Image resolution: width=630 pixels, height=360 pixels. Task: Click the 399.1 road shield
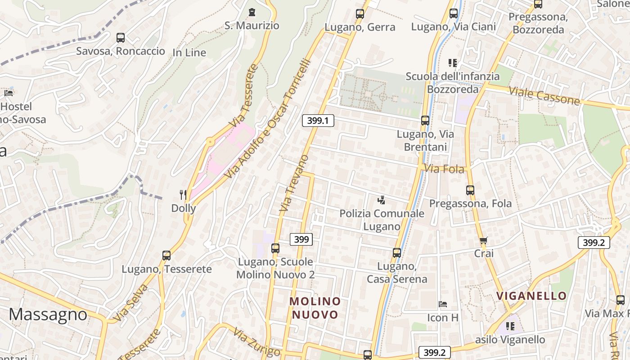(x=318, y=121)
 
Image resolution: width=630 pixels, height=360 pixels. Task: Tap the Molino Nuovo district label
(x=315, y=308)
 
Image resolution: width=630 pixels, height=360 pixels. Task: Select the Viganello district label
(x=531, y=296)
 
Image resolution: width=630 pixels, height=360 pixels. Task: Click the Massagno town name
(x=48, y=314)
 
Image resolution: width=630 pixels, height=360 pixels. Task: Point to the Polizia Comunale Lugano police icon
(x=382, y=199)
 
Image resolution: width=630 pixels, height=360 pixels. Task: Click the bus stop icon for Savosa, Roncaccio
(x=120, y=38)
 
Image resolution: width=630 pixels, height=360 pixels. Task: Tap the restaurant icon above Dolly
(x=183, y=195)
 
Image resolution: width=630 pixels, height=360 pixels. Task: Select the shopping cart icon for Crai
(x=484, y=240)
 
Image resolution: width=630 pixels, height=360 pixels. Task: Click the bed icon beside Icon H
(x=443, y=304)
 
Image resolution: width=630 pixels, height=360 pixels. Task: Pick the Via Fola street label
(x=444, y=169)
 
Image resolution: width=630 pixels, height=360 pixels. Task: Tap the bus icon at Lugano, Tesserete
(x=166, y=256)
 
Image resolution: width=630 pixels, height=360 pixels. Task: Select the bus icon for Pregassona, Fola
(x=470, y=190)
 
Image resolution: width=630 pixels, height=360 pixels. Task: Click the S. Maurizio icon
(x=252, y=12)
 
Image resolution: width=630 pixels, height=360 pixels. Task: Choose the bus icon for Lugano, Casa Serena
(x=396, y=253)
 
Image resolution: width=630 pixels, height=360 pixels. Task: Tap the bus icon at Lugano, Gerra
(x=360, y=14)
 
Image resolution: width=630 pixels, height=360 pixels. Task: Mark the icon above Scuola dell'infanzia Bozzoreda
(x=452, y=63)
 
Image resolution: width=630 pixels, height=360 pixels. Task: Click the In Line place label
(x=189, y=53)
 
